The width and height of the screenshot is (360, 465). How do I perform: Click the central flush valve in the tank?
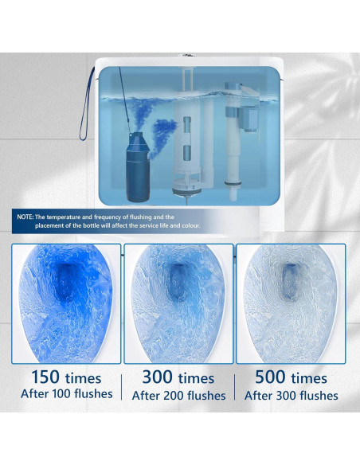[189, 135]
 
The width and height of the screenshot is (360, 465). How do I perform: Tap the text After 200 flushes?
[179, 395]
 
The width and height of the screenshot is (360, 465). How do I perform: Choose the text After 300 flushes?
[292, 395]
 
